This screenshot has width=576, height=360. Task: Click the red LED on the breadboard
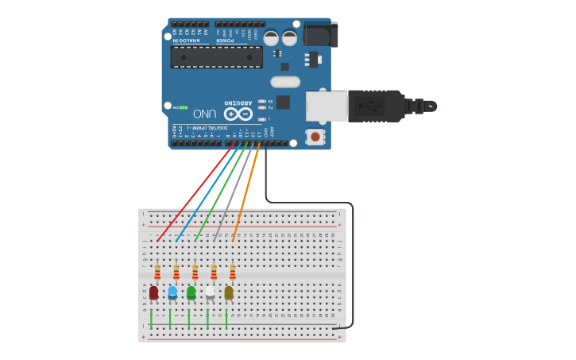(153, 293)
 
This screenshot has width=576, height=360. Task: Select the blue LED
(172, 293)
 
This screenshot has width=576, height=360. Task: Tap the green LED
(191, 293)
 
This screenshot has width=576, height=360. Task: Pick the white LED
(210, 293)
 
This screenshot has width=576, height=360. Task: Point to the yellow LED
(229, 293)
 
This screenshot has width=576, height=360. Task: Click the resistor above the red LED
(157, 273)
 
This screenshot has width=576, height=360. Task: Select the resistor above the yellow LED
(233, 273)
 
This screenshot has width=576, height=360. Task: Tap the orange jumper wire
(246, 191)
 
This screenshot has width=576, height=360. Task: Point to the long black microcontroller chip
(216, 56)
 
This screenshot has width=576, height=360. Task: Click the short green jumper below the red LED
(151, 319)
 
